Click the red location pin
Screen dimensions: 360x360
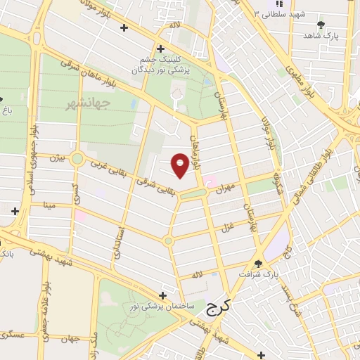point(181,165)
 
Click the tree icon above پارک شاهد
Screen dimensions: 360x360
point(321,25)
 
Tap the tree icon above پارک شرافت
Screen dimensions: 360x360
point(258,264)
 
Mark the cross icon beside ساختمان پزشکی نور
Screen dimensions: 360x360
point(164,295)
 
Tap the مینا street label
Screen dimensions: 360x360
point(49,205)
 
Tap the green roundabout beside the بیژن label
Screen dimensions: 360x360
point(77,160)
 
